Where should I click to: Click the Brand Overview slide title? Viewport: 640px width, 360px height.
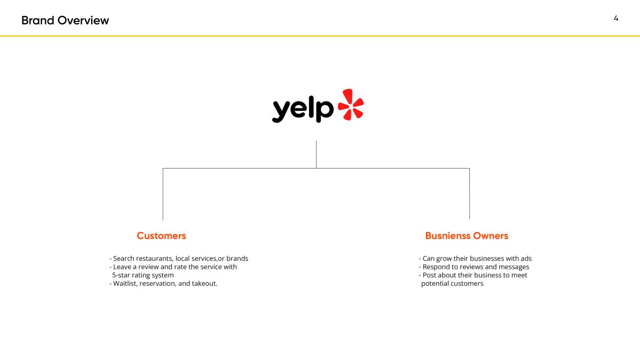point(65,21)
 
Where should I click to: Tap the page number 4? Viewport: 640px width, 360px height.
point(616,18)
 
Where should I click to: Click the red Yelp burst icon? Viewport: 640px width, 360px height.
point(351,105)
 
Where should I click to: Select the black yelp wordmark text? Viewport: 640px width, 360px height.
point(303,109)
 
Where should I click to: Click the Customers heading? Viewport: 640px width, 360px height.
point(162,236)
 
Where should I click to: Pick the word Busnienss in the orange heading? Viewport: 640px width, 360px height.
point(447,236)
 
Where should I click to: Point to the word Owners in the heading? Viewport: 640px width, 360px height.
point(491,236)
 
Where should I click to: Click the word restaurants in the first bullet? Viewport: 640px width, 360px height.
point(155,259)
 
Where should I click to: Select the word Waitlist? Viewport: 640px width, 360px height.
point(125,283)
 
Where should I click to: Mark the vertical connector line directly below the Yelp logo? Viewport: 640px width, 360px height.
point(316,155)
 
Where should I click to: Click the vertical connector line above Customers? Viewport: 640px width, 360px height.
point(163,194)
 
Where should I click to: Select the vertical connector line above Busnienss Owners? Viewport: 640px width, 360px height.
point(469,194)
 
